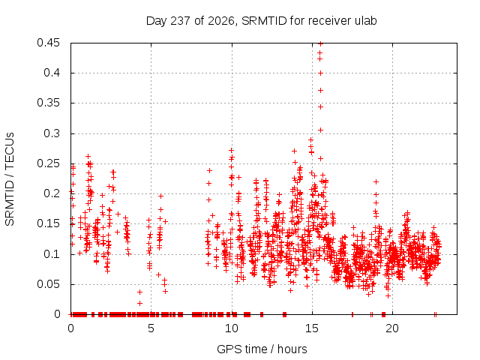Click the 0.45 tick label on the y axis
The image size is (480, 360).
(x=48, y=43)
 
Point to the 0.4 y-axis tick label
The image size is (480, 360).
(x=52, y=73)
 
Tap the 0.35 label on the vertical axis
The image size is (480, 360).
(x=48, y=103)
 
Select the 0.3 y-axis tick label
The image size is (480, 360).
(x=52, y=133)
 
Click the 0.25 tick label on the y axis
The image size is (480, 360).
(x=48, y=163)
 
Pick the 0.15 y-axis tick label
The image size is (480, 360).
(x=48, y=223)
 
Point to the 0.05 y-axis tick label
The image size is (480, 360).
(x=48, y=284)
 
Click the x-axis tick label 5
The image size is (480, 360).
(x=151, y=328)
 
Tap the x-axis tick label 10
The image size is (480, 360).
(x=232, y=328)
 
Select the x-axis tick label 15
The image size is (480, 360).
(x=312, y=328)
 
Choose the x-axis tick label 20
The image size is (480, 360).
(x=392, y=328)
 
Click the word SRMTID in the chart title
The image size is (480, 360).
(x=264, y=21)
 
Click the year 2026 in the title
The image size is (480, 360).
(x=220, y=21)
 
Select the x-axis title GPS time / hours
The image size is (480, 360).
(x=262, y=349)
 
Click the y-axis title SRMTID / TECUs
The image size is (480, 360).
(x=10, y=179)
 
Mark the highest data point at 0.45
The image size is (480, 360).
(x=320, y=43)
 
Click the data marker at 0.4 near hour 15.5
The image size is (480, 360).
(x=320, y=73)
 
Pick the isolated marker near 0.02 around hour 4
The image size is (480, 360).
(x=139, y=303)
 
